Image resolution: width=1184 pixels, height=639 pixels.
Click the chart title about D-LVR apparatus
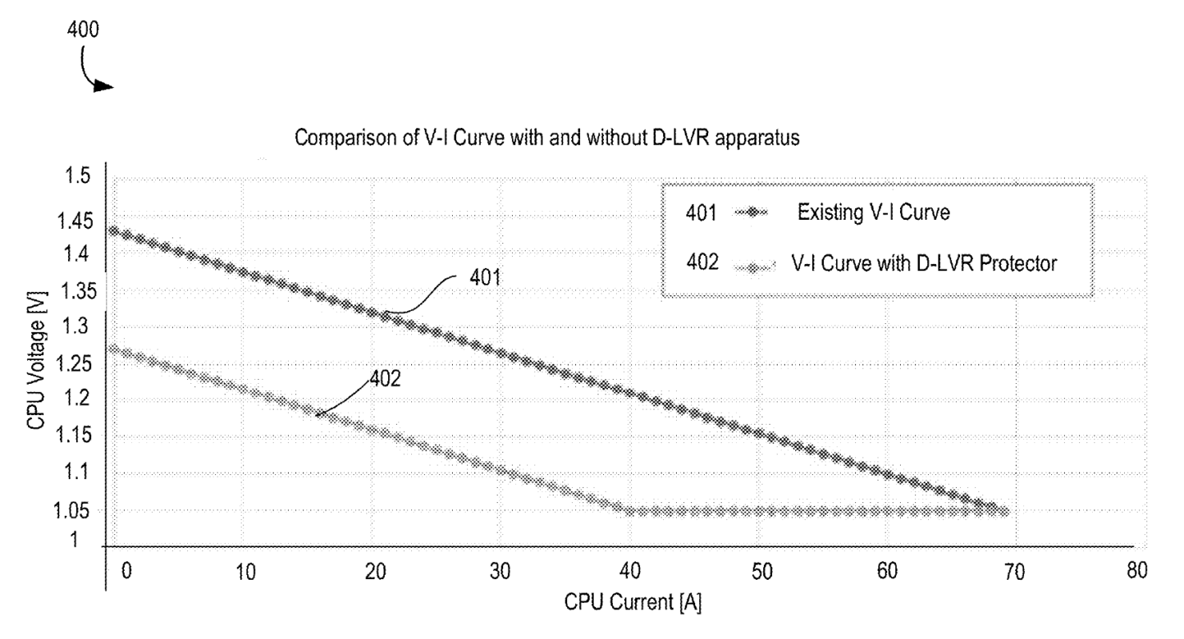click(x=548, y=138)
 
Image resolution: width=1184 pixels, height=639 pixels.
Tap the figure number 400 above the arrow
click(x=84, y=31)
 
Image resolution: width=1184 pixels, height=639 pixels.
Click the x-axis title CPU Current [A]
click(x=633, y=602)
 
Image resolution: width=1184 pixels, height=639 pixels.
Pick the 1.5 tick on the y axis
click(x=77, y=177)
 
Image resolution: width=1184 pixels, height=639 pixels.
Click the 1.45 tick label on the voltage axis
click(x=74, y=221)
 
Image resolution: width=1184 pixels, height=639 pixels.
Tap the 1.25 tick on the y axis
click(x=74, y=365)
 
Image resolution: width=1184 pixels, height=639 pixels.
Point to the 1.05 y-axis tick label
click(x=74, y=511)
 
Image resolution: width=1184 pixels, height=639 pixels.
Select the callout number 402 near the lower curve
click(x=385, y=378)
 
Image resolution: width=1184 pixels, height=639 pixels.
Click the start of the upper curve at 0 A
click(x=113, y=230)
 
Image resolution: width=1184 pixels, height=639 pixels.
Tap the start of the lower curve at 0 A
click(x=113, y=349)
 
